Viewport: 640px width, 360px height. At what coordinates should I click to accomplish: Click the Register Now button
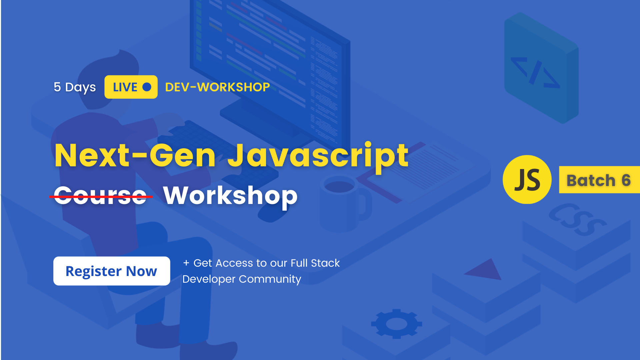[x=111, y=271]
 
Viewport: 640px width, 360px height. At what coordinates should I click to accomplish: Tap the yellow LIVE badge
[x=131, y=87]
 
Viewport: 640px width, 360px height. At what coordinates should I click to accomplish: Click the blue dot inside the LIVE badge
[x=147, y=87]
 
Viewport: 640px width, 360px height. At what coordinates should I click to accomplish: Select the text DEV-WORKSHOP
[x=217, y=87]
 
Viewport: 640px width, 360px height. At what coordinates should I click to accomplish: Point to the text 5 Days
[x=75, y=87]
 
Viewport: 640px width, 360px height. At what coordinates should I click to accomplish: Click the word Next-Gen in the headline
[x=135, y=155]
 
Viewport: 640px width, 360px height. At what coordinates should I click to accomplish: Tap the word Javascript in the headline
[x=318, y=155]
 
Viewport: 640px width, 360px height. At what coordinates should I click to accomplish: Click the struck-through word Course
[x=100, y=196]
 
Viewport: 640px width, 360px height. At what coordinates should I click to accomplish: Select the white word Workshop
[x=230, y=196]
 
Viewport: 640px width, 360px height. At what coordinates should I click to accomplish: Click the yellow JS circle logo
[x=527, y=179]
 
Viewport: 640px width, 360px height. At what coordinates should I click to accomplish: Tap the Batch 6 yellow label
[x=599, y=180]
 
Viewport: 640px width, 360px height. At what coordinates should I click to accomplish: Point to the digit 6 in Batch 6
[x=626, y=180]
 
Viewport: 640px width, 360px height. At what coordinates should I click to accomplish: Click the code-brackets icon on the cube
[x=535, y=73]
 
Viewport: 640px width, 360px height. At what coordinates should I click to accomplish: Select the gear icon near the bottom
[x=397, y=324]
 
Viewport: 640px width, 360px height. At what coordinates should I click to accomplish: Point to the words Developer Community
[x=242, y=279]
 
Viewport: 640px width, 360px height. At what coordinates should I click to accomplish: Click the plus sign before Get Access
[x=186, y=263]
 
